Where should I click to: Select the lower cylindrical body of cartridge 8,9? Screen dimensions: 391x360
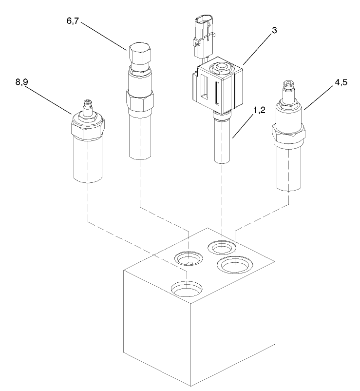pos(88,161)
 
